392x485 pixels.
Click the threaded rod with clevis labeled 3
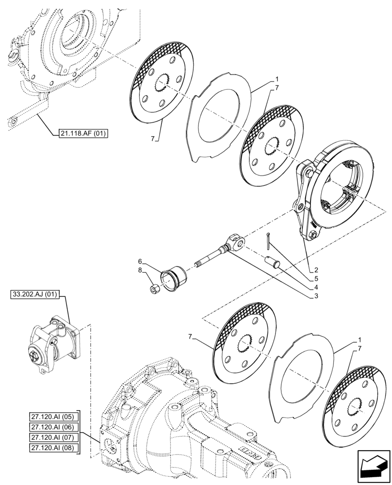coord(218,252)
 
